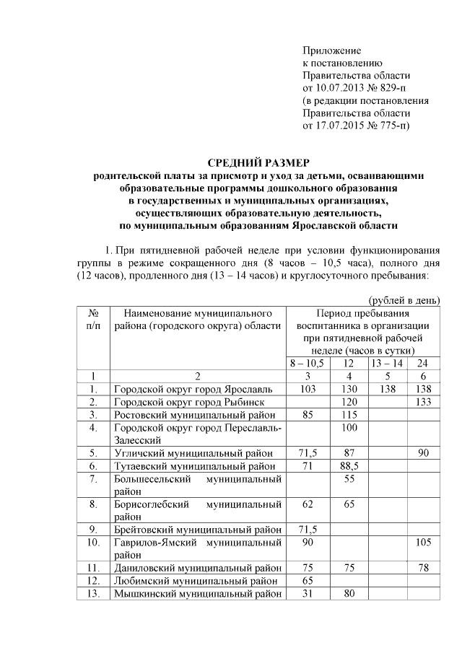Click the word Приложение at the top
point(331,51)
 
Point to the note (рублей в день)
point(404,300)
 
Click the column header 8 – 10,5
point(308,363)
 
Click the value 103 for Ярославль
point(308,388)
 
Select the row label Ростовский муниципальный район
point(193,414)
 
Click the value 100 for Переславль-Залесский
point(350,428)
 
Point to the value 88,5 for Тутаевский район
point(350,466)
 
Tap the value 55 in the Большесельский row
point(350,479)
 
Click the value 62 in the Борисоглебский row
point(308,504)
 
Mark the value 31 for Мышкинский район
point(308,594)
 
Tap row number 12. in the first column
point(93,581)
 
